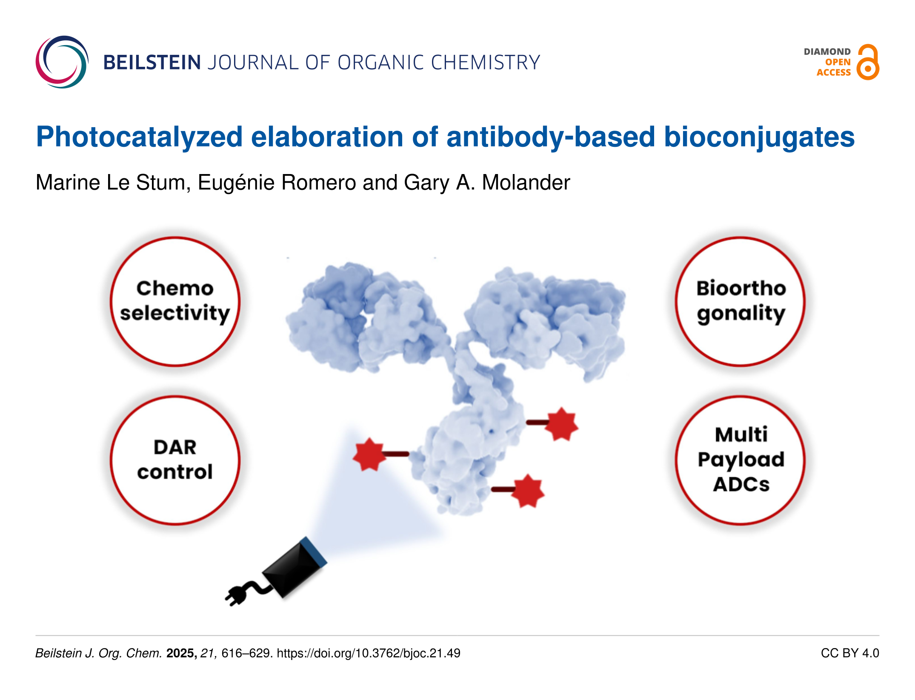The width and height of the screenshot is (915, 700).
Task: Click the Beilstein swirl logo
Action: click(62, 62)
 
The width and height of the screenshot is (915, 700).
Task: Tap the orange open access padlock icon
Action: click(868, 63)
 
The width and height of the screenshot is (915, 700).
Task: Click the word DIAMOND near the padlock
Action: click(827, 51)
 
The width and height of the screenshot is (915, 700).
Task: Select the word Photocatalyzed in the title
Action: click(139, 137)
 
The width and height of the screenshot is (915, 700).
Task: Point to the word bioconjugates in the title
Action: click(759, 137)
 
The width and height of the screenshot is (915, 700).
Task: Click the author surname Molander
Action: click(526, 183)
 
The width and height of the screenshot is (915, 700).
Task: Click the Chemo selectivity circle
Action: click(175, 301)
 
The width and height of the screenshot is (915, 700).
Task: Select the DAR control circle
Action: click(175, 460)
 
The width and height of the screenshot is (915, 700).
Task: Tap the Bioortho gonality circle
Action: click(741, 301)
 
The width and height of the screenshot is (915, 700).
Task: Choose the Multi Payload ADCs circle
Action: click(741, 460)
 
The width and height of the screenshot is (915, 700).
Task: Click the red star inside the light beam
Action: click(369, 454)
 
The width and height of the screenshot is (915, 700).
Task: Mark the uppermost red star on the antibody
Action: click(562, 424)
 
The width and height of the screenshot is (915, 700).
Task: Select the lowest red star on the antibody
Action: click(528, 491)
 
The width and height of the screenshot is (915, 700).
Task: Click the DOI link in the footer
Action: click(369, 653)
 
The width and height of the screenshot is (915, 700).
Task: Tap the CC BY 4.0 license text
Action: click(849, 653)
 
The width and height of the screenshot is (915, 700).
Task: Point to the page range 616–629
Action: click(246, 653)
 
